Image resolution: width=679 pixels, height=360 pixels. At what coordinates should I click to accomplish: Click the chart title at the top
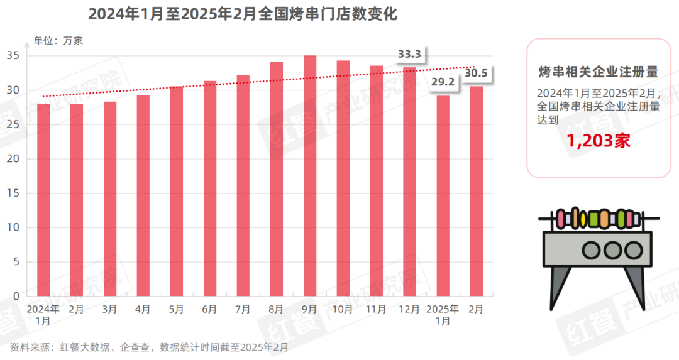(243, 14)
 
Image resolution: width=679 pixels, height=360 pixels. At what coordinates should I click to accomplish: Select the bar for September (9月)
(310, 176)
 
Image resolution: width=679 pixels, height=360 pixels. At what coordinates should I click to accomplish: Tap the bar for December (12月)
(410, 182)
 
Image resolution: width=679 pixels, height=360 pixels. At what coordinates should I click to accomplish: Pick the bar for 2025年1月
(443, 195)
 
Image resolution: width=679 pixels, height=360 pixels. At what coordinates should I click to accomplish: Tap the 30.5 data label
(477, 74)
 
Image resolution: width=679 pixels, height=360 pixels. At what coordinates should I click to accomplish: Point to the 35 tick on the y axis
(14, 56)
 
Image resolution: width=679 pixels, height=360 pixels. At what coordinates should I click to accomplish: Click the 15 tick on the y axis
(14, 194)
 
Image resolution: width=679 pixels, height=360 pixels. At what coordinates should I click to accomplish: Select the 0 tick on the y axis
(17, 296)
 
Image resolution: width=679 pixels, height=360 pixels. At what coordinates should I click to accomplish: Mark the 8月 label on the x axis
(277, 309)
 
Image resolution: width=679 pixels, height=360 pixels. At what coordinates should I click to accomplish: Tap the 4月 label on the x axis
(143, 309)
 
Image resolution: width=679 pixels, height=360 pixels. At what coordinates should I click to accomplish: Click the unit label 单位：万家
(58, 41)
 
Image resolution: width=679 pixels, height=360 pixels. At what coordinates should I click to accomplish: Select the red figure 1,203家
(599, 141)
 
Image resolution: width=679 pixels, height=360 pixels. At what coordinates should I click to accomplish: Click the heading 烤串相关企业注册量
(599, 71)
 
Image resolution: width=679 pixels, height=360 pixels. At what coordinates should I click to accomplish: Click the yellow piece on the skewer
(583, 219)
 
